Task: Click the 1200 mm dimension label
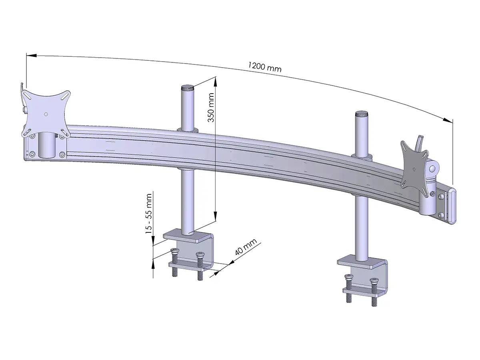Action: click(264, 67)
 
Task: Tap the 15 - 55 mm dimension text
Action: click(149, 214)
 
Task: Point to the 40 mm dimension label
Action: click(244, 249)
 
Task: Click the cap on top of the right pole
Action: click(361, 114)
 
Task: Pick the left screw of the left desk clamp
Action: click(174, 262)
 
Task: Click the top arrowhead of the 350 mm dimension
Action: click(216, 82)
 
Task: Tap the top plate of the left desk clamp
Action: click(188, 236)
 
